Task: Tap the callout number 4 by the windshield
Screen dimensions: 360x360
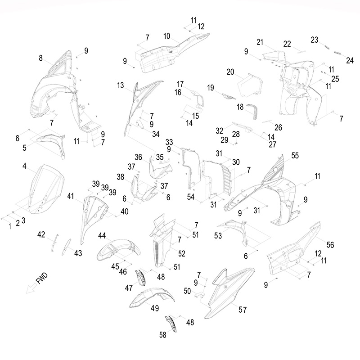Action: [25, 166]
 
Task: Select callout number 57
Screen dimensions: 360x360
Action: [243, 310]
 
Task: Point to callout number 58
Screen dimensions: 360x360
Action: [162, 334]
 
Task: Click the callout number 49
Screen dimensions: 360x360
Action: [155, 308]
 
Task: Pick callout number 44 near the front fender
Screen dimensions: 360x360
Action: [102, 236]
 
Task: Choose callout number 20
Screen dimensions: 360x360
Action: [230, 72]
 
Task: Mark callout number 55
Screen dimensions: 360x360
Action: [295, 155]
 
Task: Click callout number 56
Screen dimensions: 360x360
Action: [330, 245]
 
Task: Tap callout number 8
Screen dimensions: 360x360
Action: [41, 58]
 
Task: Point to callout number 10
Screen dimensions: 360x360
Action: [166, 36]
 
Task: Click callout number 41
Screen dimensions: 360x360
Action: [70, 196]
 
